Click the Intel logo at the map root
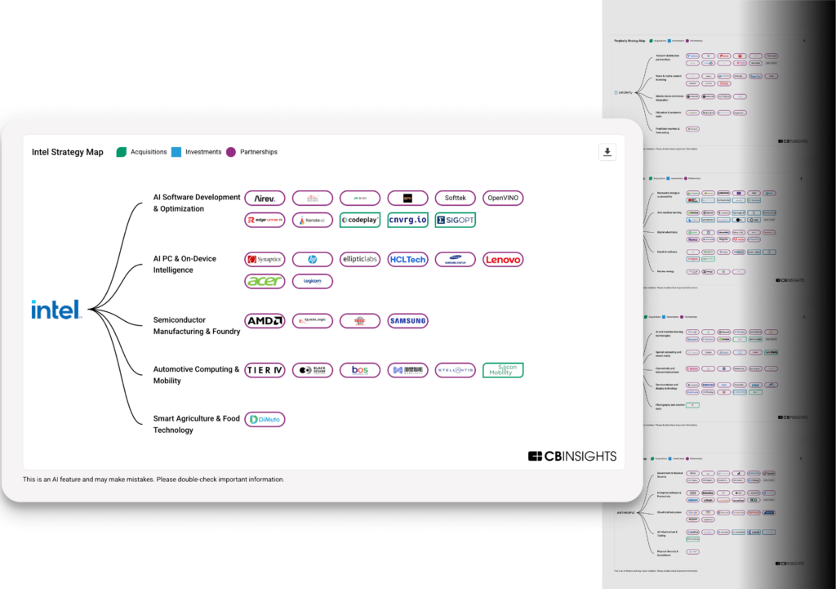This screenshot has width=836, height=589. click(56, 310)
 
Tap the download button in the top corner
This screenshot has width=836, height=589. click(607, 152)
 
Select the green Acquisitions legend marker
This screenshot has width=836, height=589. click(122, 152)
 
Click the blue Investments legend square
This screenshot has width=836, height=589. click(176, 152)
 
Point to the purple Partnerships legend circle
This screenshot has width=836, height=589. click(231, 152)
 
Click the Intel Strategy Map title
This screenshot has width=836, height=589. click(68, 152)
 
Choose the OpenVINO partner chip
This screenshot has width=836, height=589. click(503, 198)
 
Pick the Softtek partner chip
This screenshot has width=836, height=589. click(455, 198)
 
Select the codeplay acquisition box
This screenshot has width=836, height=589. click(360, 220)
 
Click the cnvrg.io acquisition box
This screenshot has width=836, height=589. click(407, 220)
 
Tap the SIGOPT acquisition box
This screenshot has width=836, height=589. click(455, 220)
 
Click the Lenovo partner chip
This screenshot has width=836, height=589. click(503, 260)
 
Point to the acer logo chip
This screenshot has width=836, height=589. click(265, 281)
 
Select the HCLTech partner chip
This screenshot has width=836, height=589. click(407, 260)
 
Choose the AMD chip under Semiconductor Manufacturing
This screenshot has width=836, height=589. click(265, 321)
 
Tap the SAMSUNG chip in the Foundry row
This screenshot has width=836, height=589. click(407, 321)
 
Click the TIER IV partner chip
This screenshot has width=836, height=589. click(265, 370)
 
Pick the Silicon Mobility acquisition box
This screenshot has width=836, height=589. click(503, 370)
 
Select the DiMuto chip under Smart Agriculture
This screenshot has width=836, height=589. click(265, 419)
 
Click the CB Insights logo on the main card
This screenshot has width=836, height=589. click(572, 456)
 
